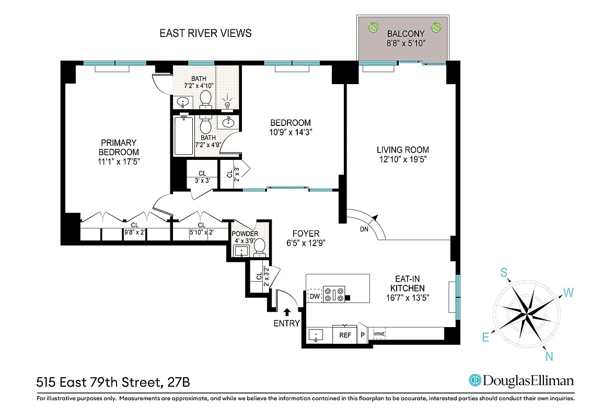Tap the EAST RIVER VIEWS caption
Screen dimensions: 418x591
click(205, 33)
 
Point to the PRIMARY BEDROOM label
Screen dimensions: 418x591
click(119, 147)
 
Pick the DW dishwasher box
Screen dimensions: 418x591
click(315, 297)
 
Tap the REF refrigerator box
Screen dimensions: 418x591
click(345, 335)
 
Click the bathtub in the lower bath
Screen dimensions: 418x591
click(183, 136)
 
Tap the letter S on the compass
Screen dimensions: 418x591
click(504, 272)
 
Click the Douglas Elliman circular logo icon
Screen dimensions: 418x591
click(475, 380)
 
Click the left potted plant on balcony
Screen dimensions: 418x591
click(374, 27)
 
